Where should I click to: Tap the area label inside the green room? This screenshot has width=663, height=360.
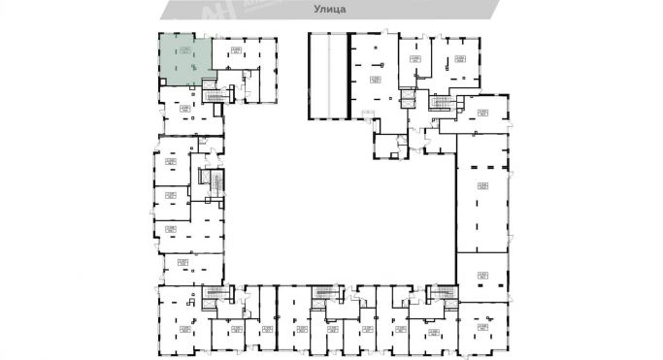186,49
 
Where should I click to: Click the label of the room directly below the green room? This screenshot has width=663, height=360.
185,107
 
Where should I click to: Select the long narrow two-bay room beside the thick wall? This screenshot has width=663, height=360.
327,76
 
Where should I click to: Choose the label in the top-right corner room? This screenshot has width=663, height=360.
459,59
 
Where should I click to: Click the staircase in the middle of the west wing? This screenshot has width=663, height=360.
207,181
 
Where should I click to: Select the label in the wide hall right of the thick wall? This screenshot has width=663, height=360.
374,78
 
